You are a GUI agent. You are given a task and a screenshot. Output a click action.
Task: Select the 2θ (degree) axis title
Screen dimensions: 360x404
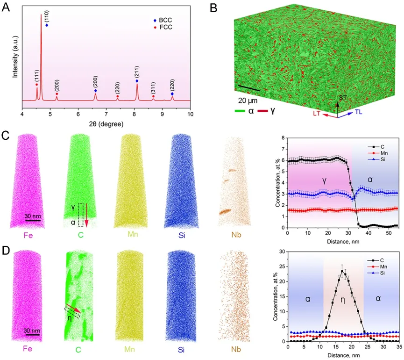click(x=106, y=124)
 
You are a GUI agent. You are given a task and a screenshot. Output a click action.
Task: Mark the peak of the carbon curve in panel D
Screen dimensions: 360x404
click(x=342, y=271)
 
